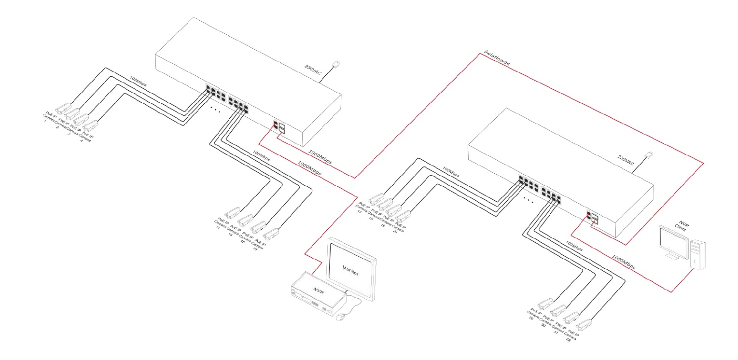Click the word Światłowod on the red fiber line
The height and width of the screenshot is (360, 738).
(x=497, y=57)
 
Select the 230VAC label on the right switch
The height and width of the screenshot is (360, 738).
(x=625, y=162)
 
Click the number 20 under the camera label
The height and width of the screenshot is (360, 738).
(x=395, y=231)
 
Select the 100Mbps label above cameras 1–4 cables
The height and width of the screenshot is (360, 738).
(x=138, y=82)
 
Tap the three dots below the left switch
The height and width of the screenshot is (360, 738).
(x=216, y=111)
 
